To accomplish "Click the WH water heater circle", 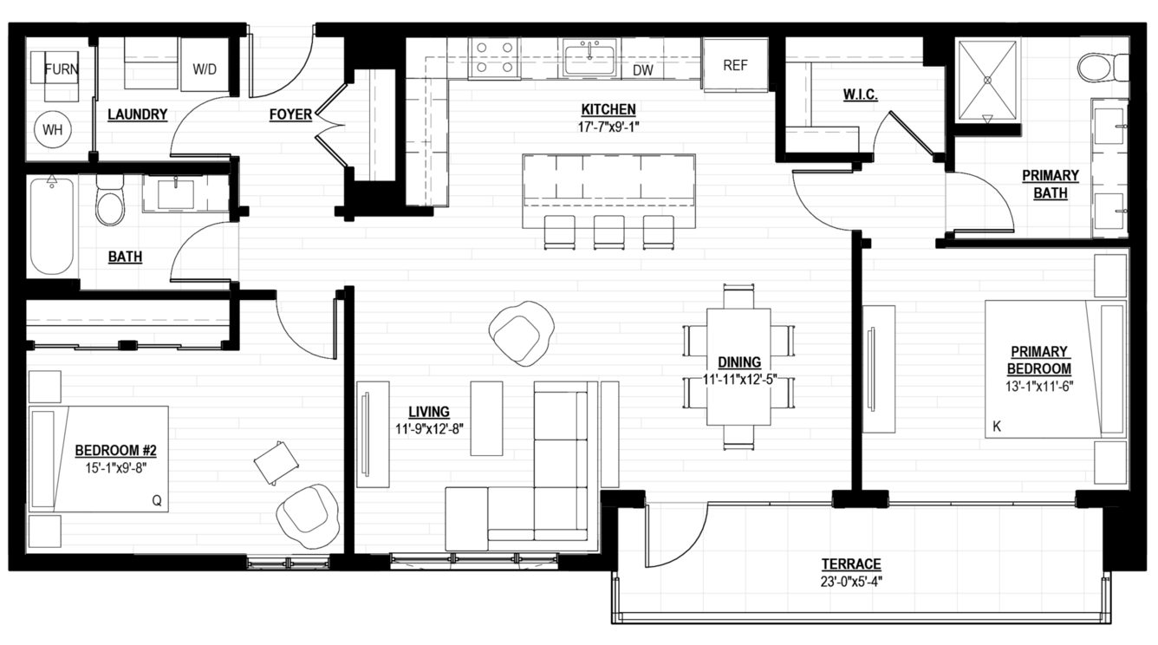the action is pyautogui.click(x=52, y=129).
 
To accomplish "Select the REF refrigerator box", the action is pyautogui.click(x=735, y=65).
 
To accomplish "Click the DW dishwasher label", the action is pyautogui.click(x=643, y=70).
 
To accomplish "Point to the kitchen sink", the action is pyautogui.click(x=589, y=59).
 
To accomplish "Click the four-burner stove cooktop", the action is pyautogui.click(x=494, y=57).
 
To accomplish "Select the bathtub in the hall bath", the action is pyautogui.click(x=52, y=226).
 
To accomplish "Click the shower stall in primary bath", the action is pyautogui.click(x=987, y=80).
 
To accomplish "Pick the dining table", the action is pyautogui.click(x=738, y=367).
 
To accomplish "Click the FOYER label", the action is pyautogui.click(x=290, y=114).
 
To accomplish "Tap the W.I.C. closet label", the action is pyautogui.click(x=860, y=94).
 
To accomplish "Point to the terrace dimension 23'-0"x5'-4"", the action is pyautogui.click(x=851, y=582).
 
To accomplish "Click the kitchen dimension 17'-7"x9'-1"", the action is pyautogui.click(x=608, y=127).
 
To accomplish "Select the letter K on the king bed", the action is pyautogui.click(x=997, y=427).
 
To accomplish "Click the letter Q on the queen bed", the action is pyautogui.click(x=157, y=500).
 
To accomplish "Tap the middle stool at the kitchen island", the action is pyautogui.click(x=609, y=232).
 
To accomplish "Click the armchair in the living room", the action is pyautogui.click(x=521, y=334).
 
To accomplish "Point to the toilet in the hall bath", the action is pyautogui.click(x=110, y=200).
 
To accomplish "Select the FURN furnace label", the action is pyautogui.click(x=62, y=69).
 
